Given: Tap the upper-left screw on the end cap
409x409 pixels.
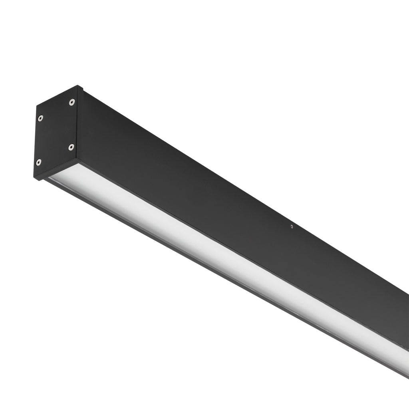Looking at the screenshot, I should (x=40, y=118).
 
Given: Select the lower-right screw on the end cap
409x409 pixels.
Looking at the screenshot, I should (x=71, y=147).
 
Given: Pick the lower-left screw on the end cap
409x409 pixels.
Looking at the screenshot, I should (x=39, y=162).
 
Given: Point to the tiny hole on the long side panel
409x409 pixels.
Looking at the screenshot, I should (x=292, y=226).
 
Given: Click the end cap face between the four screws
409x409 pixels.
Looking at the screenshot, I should (x=56, y=132).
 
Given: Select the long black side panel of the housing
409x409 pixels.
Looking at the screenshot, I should (x=240, y=192).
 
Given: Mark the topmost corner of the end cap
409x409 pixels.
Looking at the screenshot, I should (x=77, y=86).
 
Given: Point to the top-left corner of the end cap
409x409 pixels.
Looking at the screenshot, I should (x=37, y=105).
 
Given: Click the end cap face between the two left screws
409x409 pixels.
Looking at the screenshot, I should (x=40, y=140).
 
